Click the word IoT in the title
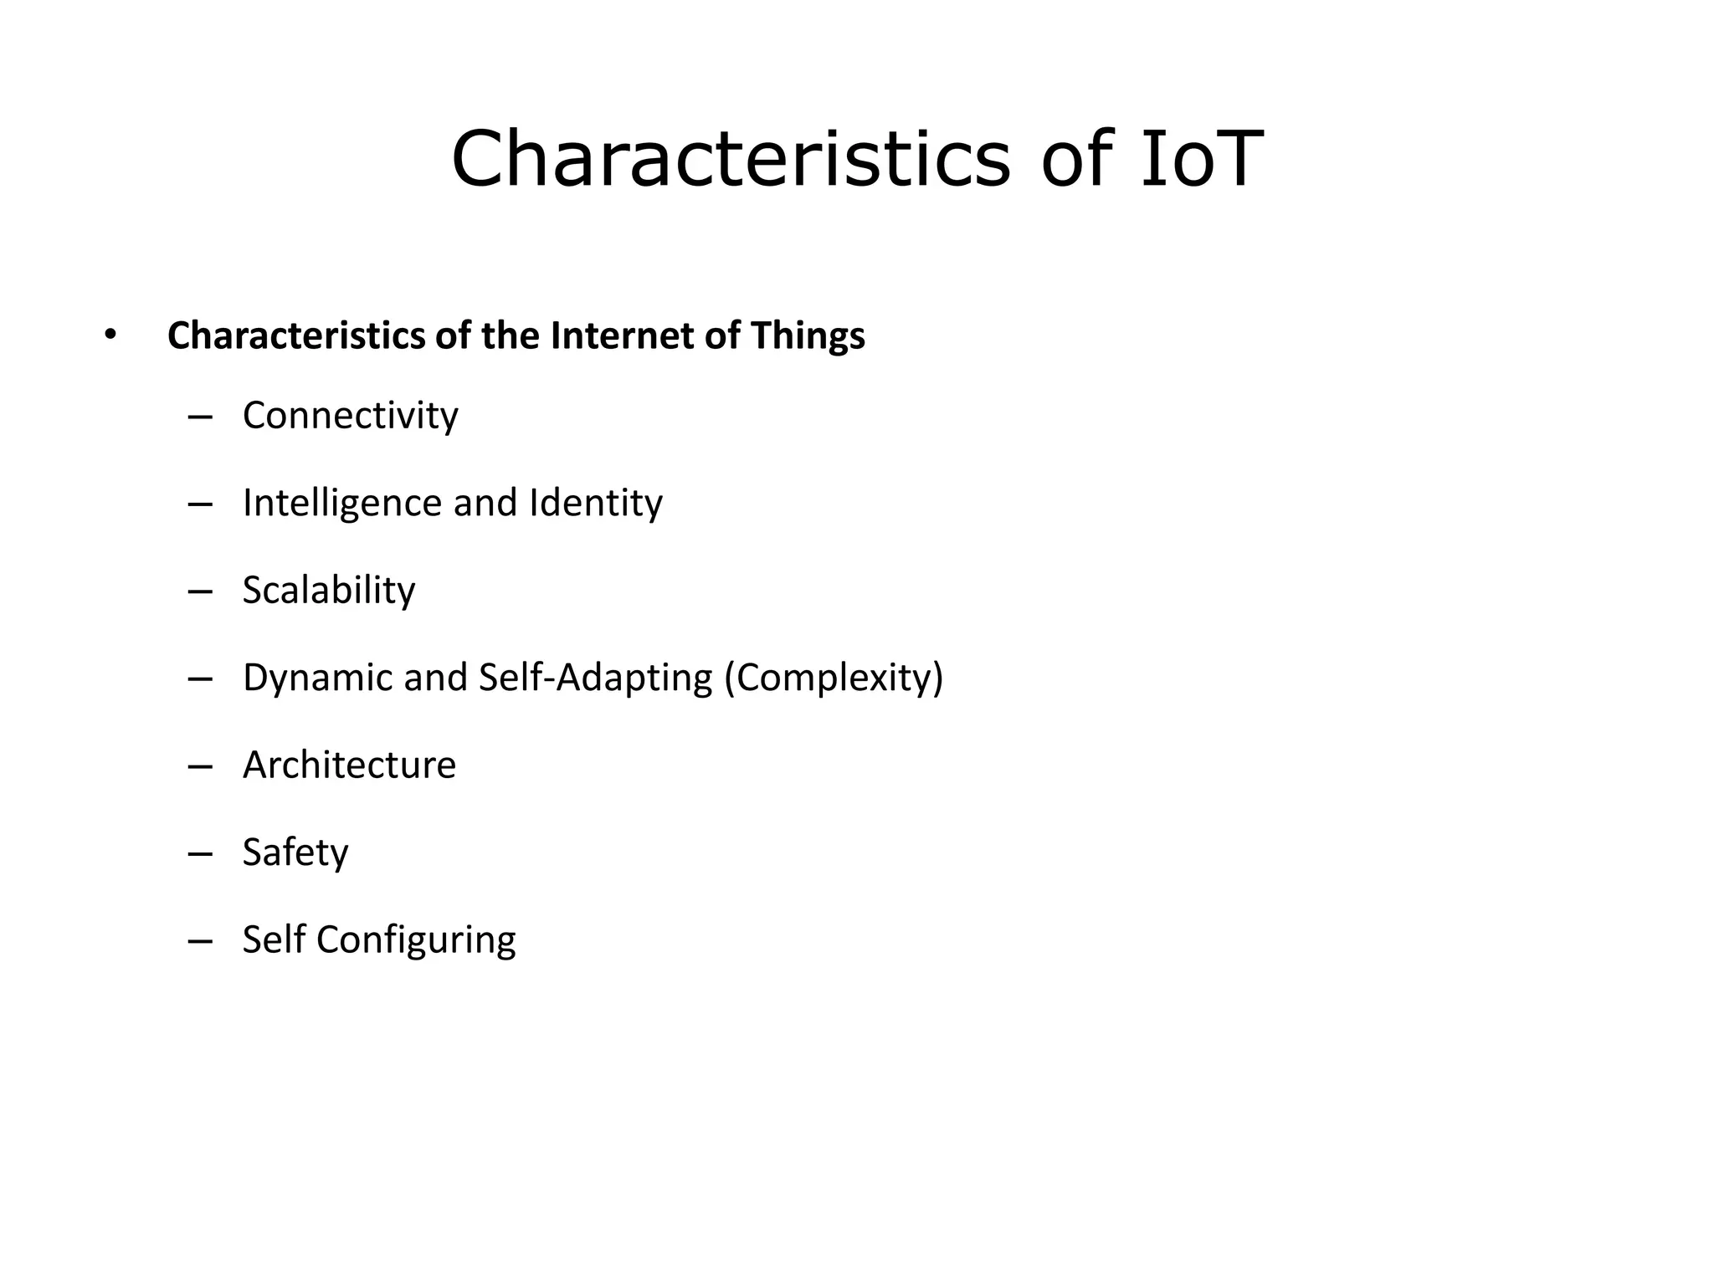[1201, 159]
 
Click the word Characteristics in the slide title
[731, 159]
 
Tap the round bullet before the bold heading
[110, 335]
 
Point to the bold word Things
[808, 335]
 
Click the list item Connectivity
[350, 415]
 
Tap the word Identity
[595, 503]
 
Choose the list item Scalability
[328, 591]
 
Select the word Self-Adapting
[595, 678]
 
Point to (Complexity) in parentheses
[834, 678]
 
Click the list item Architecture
[349, 765]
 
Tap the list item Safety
[295, 852]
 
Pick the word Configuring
[416, 940]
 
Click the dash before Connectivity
[200, 416]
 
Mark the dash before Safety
[200, 853]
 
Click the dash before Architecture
[200, 765]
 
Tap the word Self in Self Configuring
[273, 939]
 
